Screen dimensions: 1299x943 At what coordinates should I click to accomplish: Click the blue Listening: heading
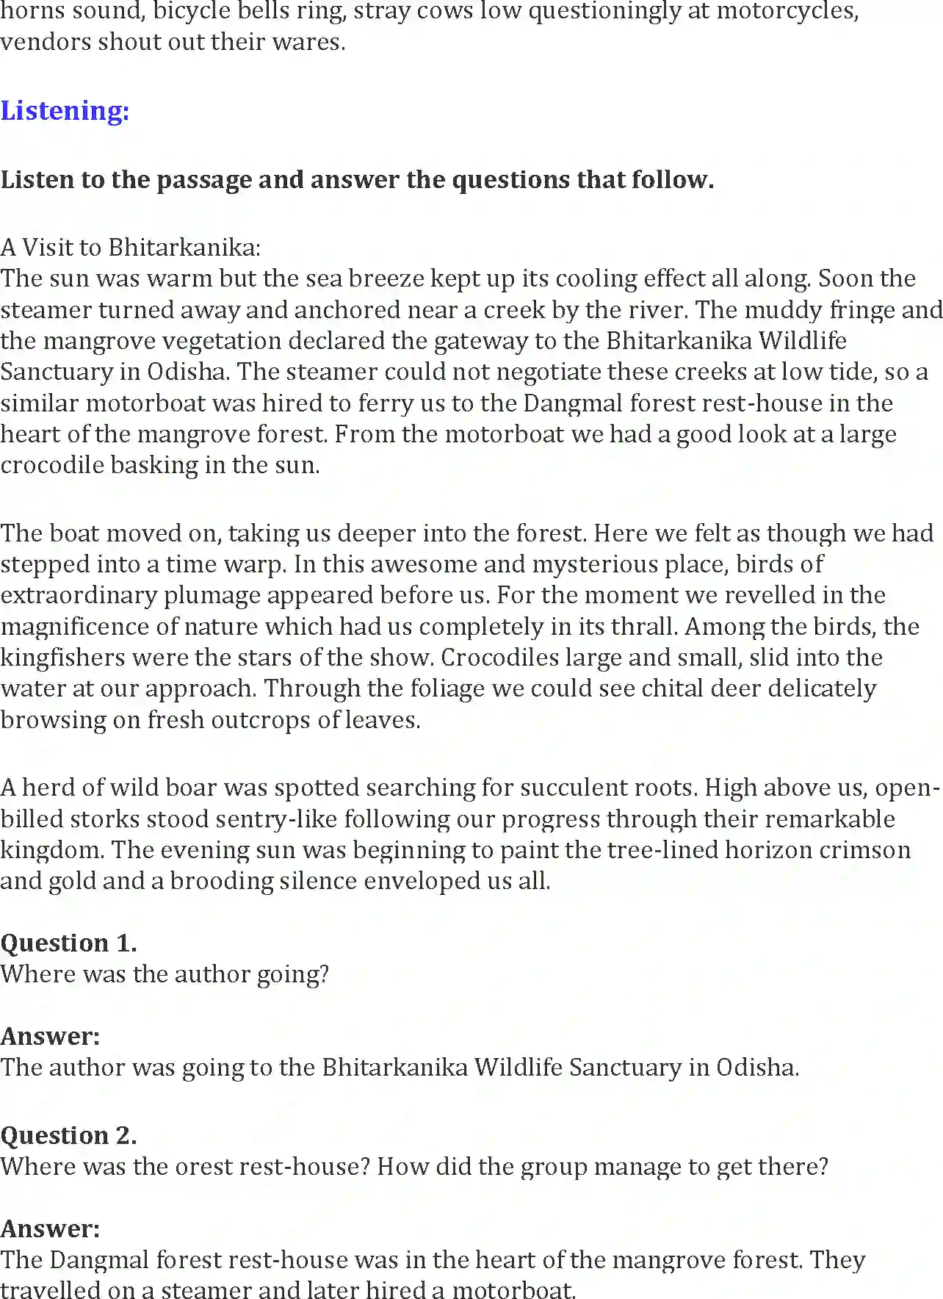point(65,111)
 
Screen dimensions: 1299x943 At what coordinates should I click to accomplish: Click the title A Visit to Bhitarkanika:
point(131,247)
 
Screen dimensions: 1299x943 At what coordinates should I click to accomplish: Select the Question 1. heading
point(68,943)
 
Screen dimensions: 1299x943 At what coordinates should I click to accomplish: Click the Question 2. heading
point(68,1135)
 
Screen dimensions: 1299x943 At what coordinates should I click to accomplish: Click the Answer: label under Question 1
point(50,1036)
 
